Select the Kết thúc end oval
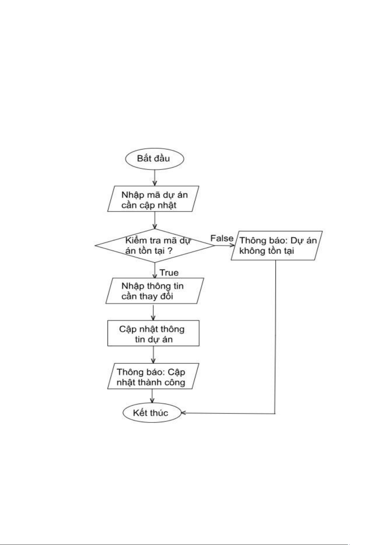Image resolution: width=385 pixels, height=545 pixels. point(151,413)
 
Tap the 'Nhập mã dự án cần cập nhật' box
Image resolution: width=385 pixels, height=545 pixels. point(153,199)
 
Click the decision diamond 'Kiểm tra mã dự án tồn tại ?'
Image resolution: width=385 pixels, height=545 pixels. point(154,245)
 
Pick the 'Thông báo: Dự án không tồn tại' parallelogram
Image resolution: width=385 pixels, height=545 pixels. point(276,245)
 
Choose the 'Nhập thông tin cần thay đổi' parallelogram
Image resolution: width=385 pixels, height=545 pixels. point(154,291)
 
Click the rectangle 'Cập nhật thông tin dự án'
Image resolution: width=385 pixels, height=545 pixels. point(153,333)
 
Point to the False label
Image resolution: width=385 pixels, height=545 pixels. point(222,238)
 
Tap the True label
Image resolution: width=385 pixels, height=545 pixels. point(169,273)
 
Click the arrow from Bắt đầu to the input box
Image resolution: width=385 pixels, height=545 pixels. point(155,178)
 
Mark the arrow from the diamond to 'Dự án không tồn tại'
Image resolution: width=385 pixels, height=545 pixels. point(224,245)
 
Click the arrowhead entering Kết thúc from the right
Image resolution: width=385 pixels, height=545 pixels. point(183,413)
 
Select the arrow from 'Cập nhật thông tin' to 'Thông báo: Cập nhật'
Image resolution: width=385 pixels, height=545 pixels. point(153,354)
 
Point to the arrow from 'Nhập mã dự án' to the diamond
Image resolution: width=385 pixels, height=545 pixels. point(155,221)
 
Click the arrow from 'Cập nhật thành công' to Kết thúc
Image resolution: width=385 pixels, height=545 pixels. point(152,396)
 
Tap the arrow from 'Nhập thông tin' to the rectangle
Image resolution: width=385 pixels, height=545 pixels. point(153,312)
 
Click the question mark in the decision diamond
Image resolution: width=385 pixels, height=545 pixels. point(169,251)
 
